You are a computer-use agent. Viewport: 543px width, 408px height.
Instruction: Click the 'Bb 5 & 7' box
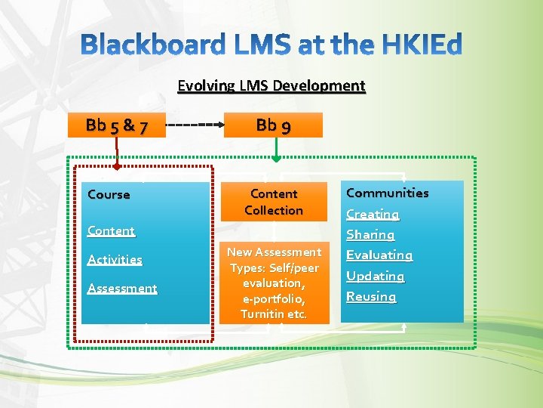116,125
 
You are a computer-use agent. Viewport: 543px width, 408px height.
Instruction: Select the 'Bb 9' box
273,125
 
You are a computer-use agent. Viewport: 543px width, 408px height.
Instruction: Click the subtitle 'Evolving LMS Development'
271,85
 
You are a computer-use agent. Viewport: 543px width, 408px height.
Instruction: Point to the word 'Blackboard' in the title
153,46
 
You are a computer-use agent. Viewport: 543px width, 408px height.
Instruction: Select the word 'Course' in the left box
109,194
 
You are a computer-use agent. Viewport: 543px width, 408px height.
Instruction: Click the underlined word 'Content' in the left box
111,230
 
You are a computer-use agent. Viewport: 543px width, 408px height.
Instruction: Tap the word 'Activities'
115,259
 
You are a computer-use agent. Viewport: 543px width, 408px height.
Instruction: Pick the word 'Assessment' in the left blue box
122,288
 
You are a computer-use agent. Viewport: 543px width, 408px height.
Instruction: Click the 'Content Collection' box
274,202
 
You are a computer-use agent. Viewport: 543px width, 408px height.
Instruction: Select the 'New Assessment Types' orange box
274,283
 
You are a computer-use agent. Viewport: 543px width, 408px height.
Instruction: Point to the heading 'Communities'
387,193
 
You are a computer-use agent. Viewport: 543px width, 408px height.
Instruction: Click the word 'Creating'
373,214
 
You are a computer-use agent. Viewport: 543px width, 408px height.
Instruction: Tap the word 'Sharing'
370,235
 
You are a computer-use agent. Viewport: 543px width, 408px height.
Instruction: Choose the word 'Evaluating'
379,255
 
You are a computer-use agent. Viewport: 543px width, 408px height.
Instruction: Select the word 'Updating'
375,276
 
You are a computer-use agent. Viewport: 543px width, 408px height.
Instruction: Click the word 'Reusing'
371,296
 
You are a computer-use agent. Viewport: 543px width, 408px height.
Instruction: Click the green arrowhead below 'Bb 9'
276,159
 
